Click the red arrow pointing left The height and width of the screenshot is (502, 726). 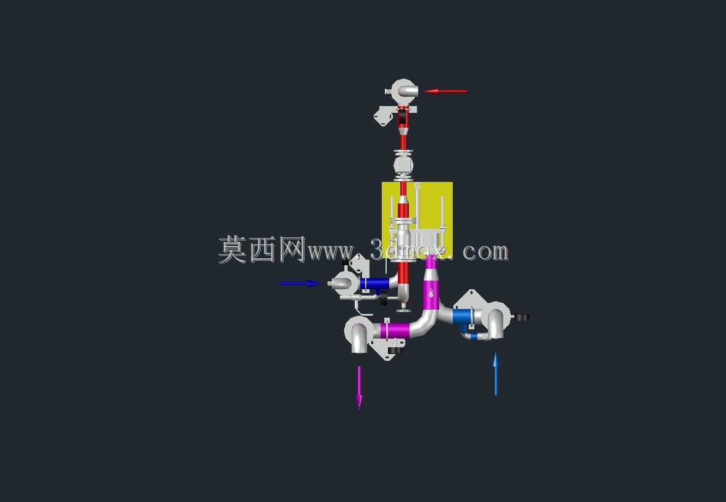(x=446, y=91)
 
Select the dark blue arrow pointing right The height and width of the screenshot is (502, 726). (x=300, y=283)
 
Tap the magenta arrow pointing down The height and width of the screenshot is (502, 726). (x=359, y=388)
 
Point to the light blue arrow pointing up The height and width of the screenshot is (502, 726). (x=495, y=374)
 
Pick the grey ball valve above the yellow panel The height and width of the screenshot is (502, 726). (x=403, y=165)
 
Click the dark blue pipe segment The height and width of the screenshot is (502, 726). (x=374, y=283)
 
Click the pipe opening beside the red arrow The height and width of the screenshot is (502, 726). (x=407, y=90)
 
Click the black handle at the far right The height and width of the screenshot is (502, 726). (x=522, y=318)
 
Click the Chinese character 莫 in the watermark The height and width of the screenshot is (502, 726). (x=233, y=250)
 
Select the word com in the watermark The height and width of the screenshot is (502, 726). (x=485, y=252)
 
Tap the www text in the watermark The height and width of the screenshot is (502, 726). (x=331, y=252)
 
